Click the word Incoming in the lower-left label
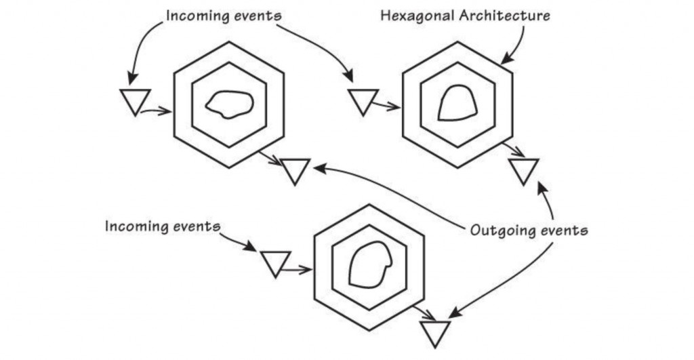point(134,226)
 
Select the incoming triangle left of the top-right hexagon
point(361,101)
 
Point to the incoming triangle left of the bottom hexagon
point(275,262)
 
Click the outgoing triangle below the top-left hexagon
point(295,170)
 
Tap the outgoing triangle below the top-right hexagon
point(524,170)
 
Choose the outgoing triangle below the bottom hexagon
point(434,333)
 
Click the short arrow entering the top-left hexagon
point(159,111)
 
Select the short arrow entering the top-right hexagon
point(387,107)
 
